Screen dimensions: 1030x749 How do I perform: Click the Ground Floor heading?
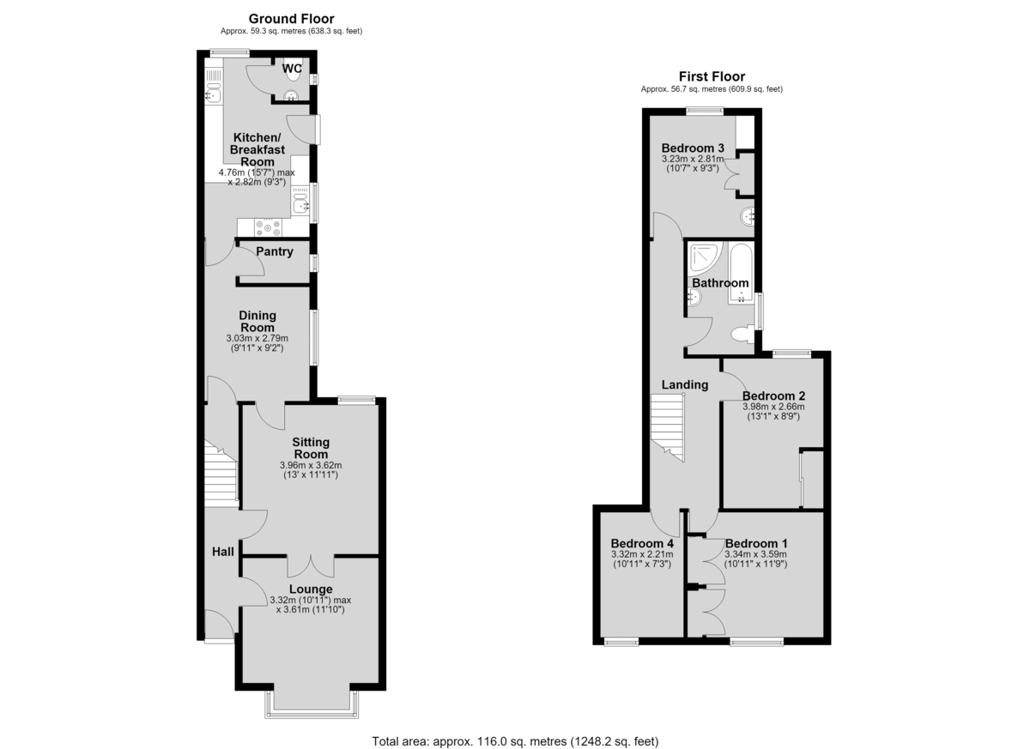(x=291, y=19)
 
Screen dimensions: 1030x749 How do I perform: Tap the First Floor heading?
(x=712, y=76)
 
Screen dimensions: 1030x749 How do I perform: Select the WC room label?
(x=292, y=69)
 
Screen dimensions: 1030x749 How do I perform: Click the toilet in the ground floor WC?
(x=292, y=74)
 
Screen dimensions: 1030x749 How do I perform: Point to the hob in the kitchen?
(x=268, y=228)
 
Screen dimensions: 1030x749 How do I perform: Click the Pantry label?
(x=275, y=251)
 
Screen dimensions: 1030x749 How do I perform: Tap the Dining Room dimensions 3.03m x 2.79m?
(x=257, y=338)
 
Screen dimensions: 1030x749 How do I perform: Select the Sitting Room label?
(x=311, y=448)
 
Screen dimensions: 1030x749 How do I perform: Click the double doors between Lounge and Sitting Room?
(x=311, y=566)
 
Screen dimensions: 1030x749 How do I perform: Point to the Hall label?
(x=223, y=552)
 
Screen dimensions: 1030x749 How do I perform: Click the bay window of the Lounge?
(x=312, y=704)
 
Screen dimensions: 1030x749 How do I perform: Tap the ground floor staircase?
(x=221, y=474)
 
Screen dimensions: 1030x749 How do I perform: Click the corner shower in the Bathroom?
(x=705, y=257)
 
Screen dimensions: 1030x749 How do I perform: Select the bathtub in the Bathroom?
(x=740, y=273)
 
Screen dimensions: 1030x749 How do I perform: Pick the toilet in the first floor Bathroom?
(x=742, y=334)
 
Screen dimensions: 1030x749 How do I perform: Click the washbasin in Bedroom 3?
(x=748, y=216)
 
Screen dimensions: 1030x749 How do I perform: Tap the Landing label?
(x=685, y=384)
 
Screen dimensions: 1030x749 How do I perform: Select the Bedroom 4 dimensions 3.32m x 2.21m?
(x=642, y=554)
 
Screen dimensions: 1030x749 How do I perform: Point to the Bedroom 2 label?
(x=774, y=396)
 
